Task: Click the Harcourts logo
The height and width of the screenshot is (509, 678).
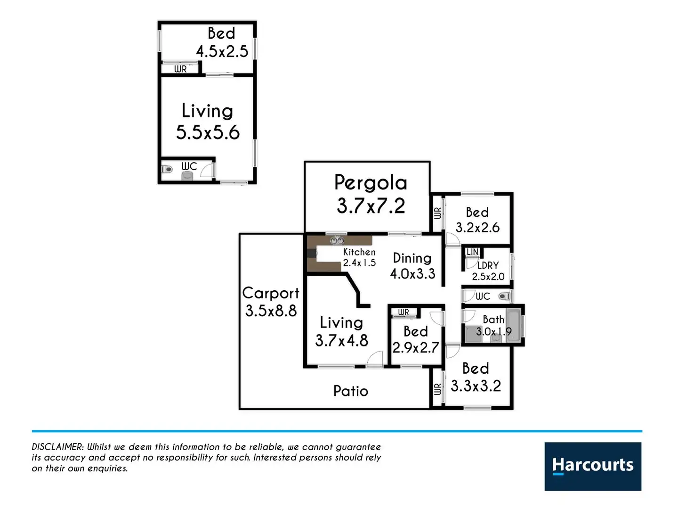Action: coord(593,466)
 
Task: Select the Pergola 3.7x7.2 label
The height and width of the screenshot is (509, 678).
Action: coord(371,194)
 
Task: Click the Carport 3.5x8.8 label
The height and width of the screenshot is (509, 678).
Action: coord(271,302)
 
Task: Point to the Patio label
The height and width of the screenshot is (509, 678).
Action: coord(351,391)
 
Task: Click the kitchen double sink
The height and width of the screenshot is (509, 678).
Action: coord(337,240)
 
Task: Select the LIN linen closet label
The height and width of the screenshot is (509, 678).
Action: coord(472,252)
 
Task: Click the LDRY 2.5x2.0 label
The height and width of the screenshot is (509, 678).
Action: coord(488,271)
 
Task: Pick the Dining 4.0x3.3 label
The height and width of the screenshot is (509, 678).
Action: coord(412,266)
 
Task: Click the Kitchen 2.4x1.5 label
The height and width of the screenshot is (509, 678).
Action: coord(359,257)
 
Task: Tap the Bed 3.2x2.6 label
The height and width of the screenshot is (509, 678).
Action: coord(477,220)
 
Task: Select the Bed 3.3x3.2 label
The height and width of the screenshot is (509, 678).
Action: coord(476,377)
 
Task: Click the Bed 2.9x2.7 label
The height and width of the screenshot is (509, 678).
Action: coord(416,339)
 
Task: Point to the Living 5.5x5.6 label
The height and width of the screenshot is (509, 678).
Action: coord(208,122)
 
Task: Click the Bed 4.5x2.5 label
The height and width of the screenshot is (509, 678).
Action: coord(222,42)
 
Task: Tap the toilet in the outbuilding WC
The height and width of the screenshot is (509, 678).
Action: coord(167,169)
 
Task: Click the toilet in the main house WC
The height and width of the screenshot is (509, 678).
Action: coord(504,296)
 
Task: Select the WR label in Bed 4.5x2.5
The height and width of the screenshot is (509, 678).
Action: coord(180,69)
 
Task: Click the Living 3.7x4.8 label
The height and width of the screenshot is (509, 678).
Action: coord(341,331)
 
